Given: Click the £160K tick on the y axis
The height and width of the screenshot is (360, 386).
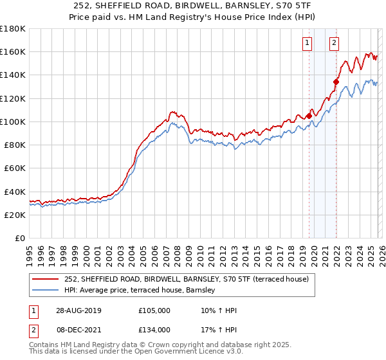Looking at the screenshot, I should coord(13,51).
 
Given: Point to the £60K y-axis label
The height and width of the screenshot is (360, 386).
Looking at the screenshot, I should coord(13,168).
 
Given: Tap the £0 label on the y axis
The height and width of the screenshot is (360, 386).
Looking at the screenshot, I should coord(19,238).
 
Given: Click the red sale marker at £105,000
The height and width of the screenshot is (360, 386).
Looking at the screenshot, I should coord(309,116).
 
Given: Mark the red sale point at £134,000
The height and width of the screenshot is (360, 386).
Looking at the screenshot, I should coord(336,82).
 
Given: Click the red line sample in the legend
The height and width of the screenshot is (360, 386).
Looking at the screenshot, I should coord(46,279).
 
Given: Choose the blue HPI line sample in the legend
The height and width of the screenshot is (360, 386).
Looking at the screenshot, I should coord(46,291).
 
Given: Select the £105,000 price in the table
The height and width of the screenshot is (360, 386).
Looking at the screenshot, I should coord(154,311).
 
